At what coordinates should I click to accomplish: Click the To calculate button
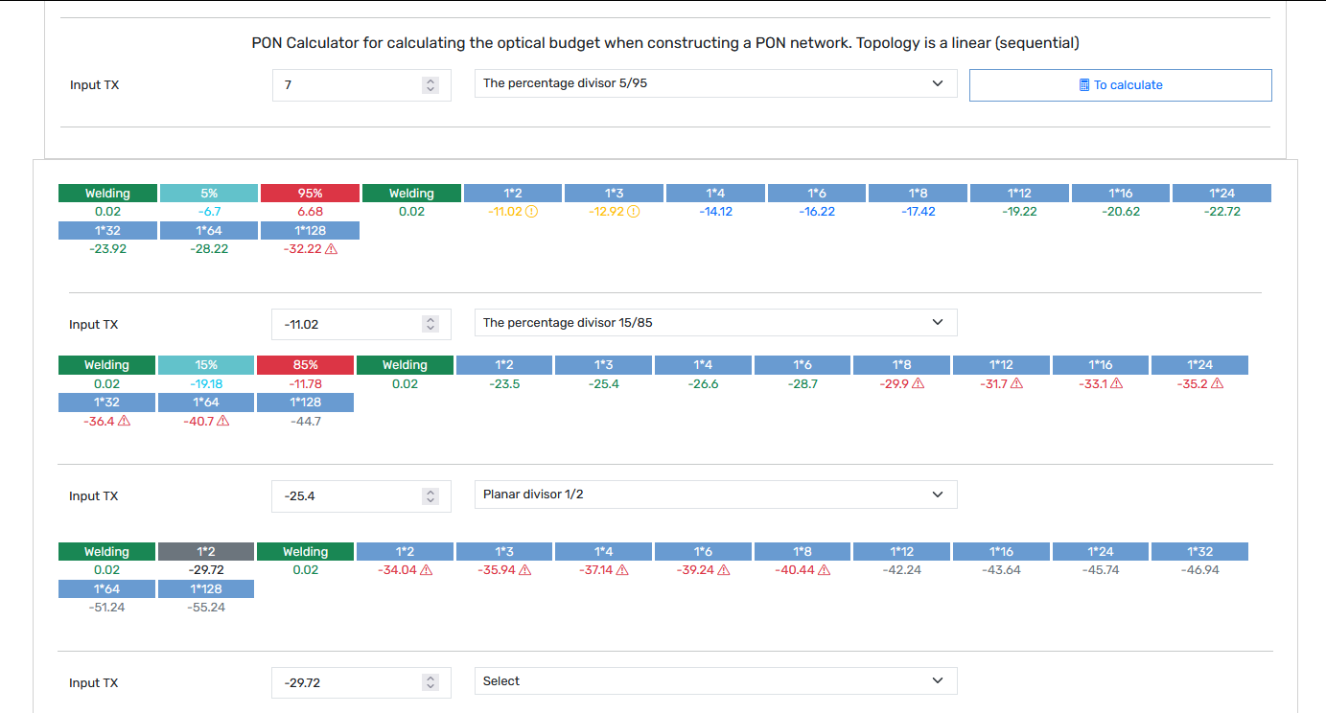pos(1120,85)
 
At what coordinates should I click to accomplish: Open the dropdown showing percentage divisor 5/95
pos(715,83)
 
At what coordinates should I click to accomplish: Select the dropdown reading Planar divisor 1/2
pos(715,494)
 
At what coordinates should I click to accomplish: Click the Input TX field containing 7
pos(361,85)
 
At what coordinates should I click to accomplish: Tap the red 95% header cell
pos(311,193)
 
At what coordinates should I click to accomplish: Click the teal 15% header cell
pos(206,364)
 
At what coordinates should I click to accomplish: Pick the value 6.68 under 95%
pos(311,211)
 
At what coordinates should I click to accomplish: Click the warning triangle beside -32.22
pos(332,249)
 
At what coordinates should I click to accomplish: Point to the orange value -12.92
pos(607,211)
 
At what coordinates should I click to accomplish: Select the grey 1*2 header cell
pos(206,551)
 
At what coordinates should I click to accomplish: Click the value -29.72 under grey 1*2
pos(206,570)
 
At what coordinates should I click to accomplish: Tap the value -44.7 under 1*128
pos(306,422)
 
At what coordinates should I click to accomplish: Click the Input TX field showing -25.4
pos(361,495)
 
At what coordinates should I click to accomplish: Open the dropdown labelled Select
pos(715,681)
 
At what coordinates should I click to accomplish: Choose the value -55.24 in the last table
pos(206,607)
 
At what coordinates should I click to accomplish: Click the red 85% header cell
pos(306,364)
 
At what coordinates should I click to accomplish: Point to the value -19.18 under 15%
pos(206,383)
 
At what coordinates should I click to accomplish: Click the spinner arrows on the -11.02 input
pos(430,324)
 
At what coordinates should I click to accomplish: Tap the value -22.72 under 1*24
pos(1221,211)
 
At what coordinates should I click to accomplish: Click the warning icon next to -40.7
pos(222,421)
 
